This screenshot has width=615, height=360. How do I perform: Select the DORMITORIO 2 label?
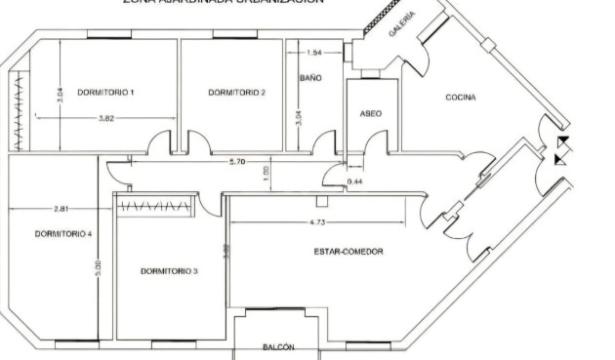point(237,93)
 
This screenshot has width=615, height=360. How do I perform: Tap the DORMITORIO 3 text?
point(169,270)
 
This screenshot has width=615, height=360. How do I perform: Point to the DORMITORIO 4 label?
point(63,234)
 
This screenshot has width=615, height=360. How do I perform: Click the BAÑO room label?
point(310,77)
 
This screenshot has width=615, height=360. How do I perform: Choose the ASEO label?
point(371,114)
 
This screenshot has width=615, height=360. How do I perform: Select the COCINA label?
point(461,98)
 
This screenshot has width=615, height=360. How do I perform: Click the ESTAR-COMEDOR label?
point(348,252)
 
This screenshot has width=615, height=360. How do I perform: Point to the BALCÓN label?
point(278,347)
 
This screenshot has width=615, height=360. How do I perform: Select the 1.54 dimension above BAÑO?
point(314,53)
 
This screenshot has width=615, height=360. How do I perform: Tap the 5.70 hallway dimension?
point(236,161)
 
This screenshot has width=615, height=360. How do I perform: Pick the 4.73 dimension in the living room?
point(317,223)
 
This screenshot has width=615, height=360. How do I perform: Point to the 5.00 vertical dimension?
point(97,265)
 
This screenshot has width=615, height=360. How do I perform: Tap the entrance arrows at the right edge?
point(560,150)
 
